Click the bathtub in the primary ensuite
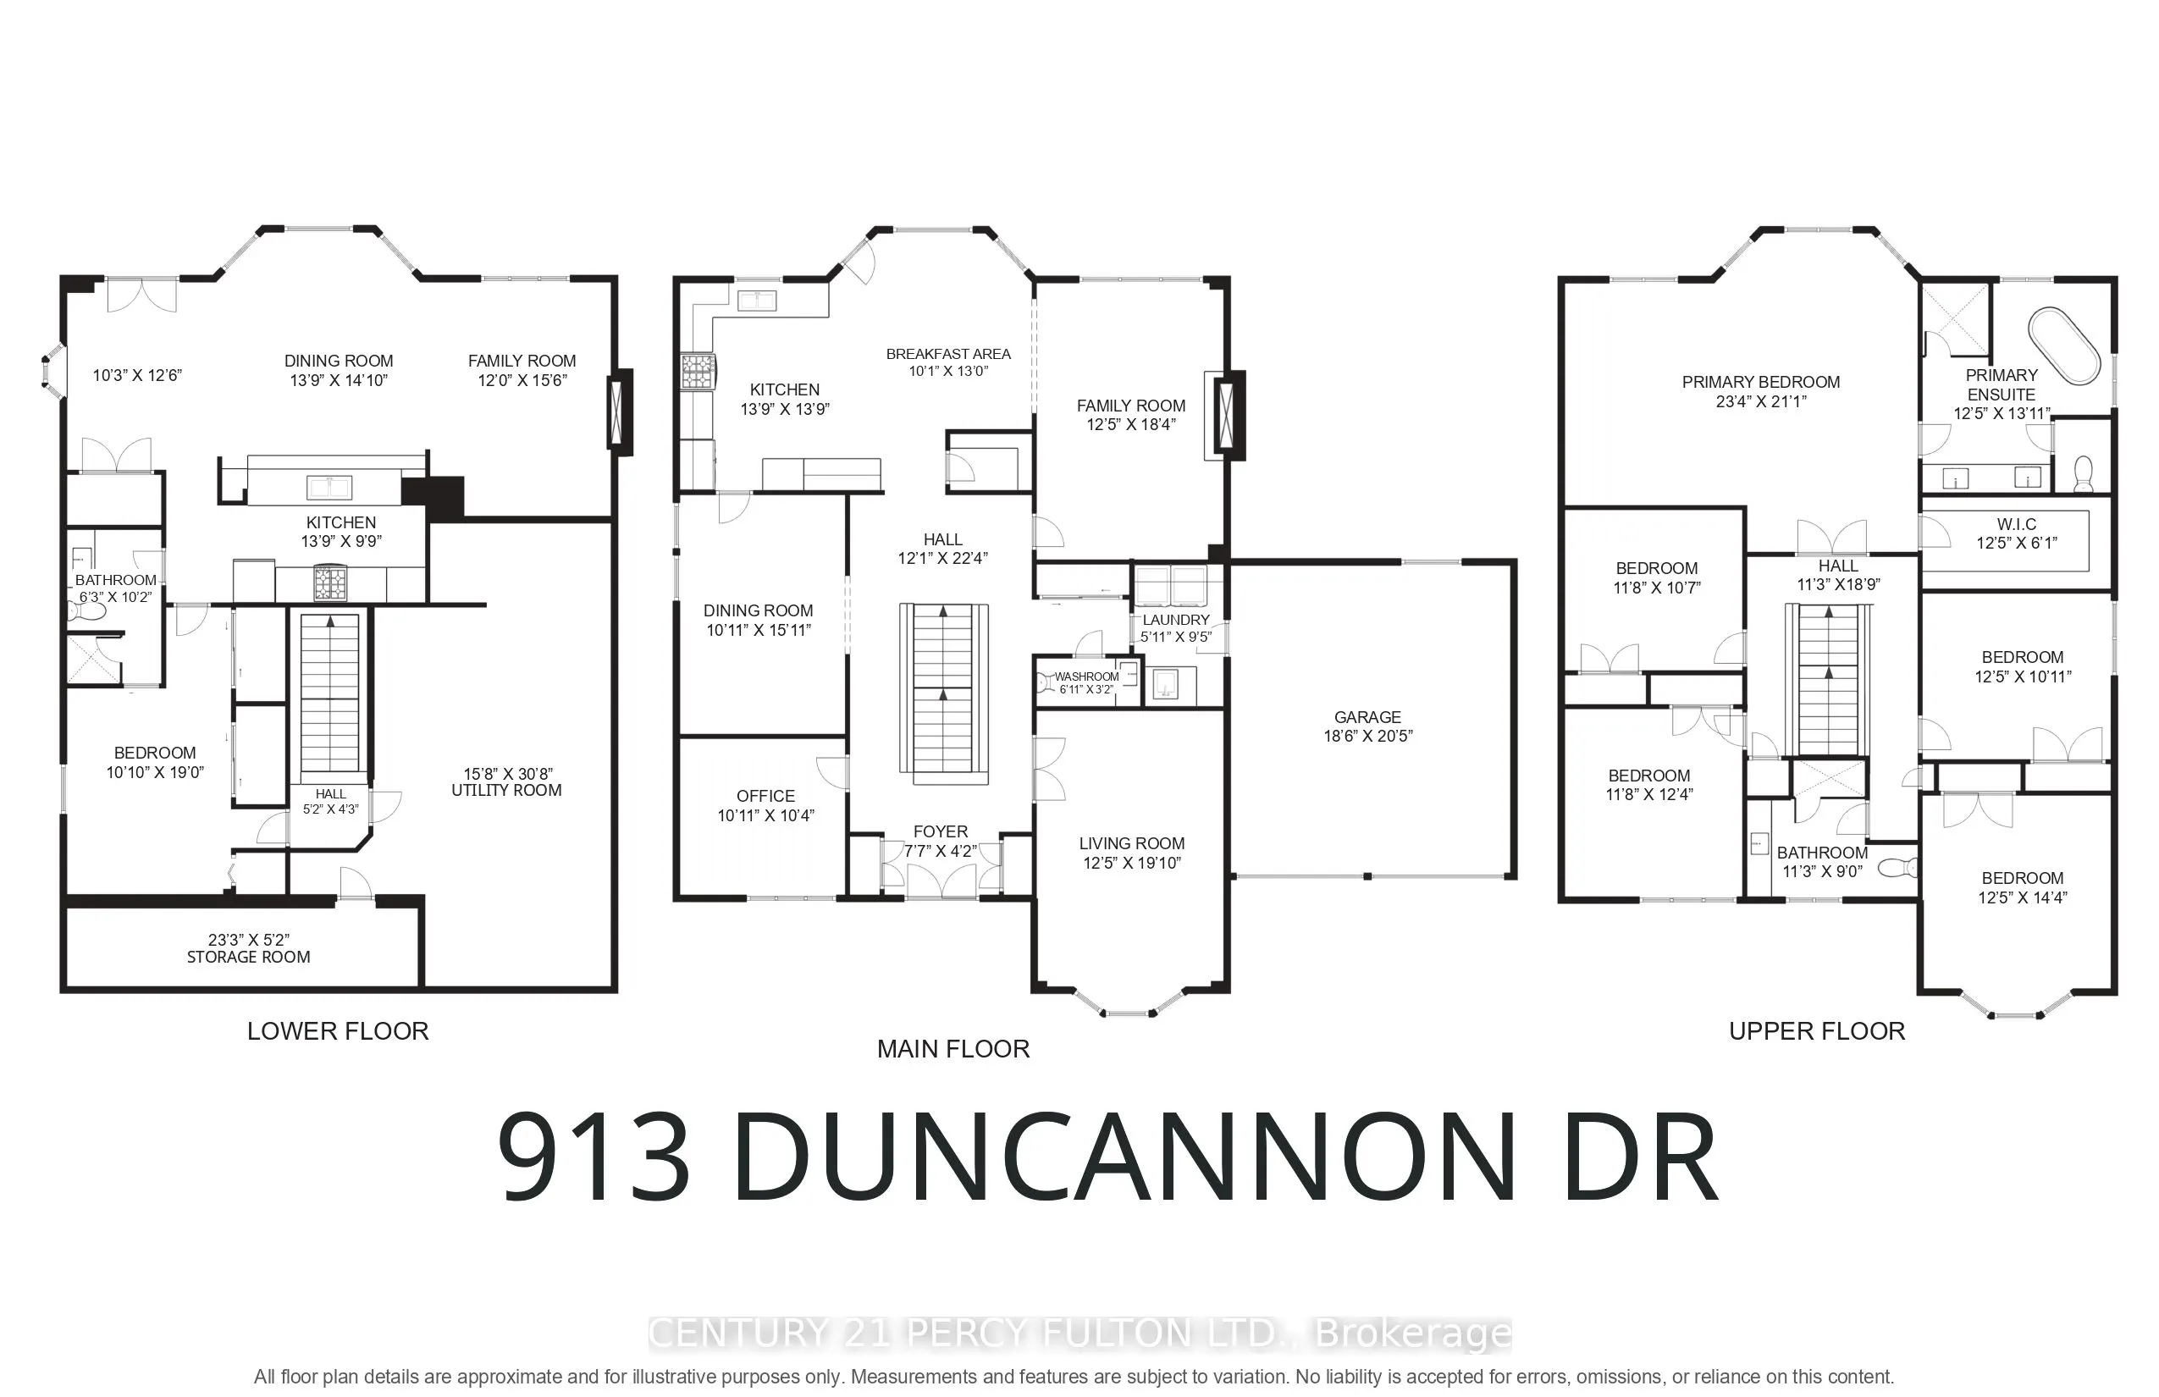point(2064,346)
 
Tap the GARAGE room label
point(1367,716)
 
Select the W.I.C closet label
point(2017,524)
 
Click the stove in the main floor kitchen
point(698,371)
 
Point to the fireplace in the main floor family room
point(1226,417)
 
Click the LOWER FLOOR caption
point(338,1030)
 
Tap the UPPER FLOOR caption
point(1816,1030)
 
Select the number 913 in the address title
point(594,1158)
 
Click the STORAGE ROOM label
point(249,957)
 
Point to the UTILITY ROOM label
point(506,790)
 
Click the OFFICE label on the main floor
point(765,796)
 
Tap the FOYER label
point(941,831)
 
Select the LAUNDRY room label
point(1176,620)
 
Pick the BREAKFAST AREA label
point(948,354)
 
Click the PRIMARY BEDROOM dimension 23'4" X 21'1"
point(1761,401)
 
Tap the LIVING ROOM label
point(1131,842)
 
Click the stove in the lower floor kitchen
point(330,583)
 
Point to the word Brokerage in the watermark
point(1413,1333)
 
